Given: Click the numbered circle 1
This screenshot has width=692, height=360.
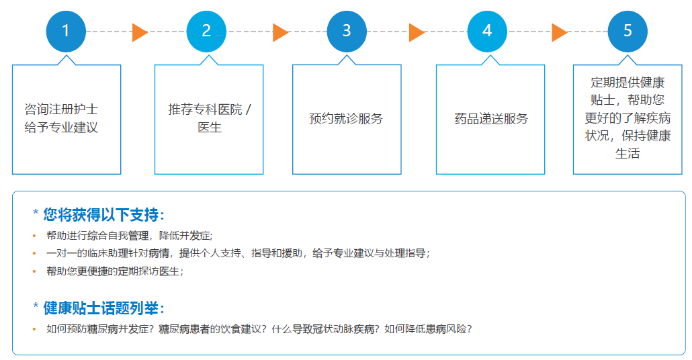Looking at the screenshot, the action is click(66, 32).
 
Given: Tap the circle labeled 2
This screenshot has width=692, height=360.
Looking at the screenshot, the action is click(206, 32).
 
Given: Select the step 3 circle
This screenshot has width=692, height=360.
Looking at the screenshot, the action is click(347, 32).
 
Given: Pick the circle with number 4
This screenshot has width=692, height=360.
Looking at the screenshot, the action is click(487, 32).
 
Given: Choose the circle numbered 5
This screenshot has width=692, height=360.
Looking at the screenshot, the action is click(627, 32).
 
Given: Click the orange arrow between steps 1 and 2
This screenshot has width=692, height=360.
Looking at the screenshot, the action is click(140, 33).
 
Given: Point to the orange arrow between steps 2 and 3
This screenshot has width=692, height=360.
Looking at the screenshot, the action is click(280, 33).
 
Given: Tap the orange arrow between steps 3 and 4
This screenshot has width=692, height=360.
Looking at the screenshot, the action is click(417, 33).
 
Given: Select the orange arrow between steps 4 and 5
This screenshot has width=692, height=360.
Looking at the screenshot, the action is click(560, 33).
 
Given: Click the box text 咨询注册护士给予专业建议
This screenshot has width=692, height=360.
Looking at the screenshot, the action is click(61, 118).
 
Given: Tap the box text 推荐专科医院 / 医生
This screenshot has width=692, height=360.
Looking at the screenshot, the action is click(209, 118).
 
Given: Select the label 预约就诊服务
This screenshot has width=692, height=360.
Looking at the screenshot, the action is click(346, 118).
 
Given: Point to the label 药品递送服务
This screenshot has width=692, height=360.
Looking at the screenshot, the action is click(490, 118).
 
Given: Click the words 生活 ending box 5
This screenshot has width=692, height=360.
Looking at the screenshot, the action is click(627, 154).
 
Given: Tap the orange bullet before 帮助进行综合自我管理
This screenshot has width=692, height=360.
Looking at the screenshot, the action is click(34, 236).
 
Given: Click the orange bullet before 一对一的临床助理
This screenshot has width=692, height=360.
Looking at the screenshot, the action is click(34, 254).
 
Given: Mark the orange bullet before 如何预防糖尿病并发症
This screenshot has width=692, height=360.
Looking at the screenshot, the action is click(34, 329).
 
